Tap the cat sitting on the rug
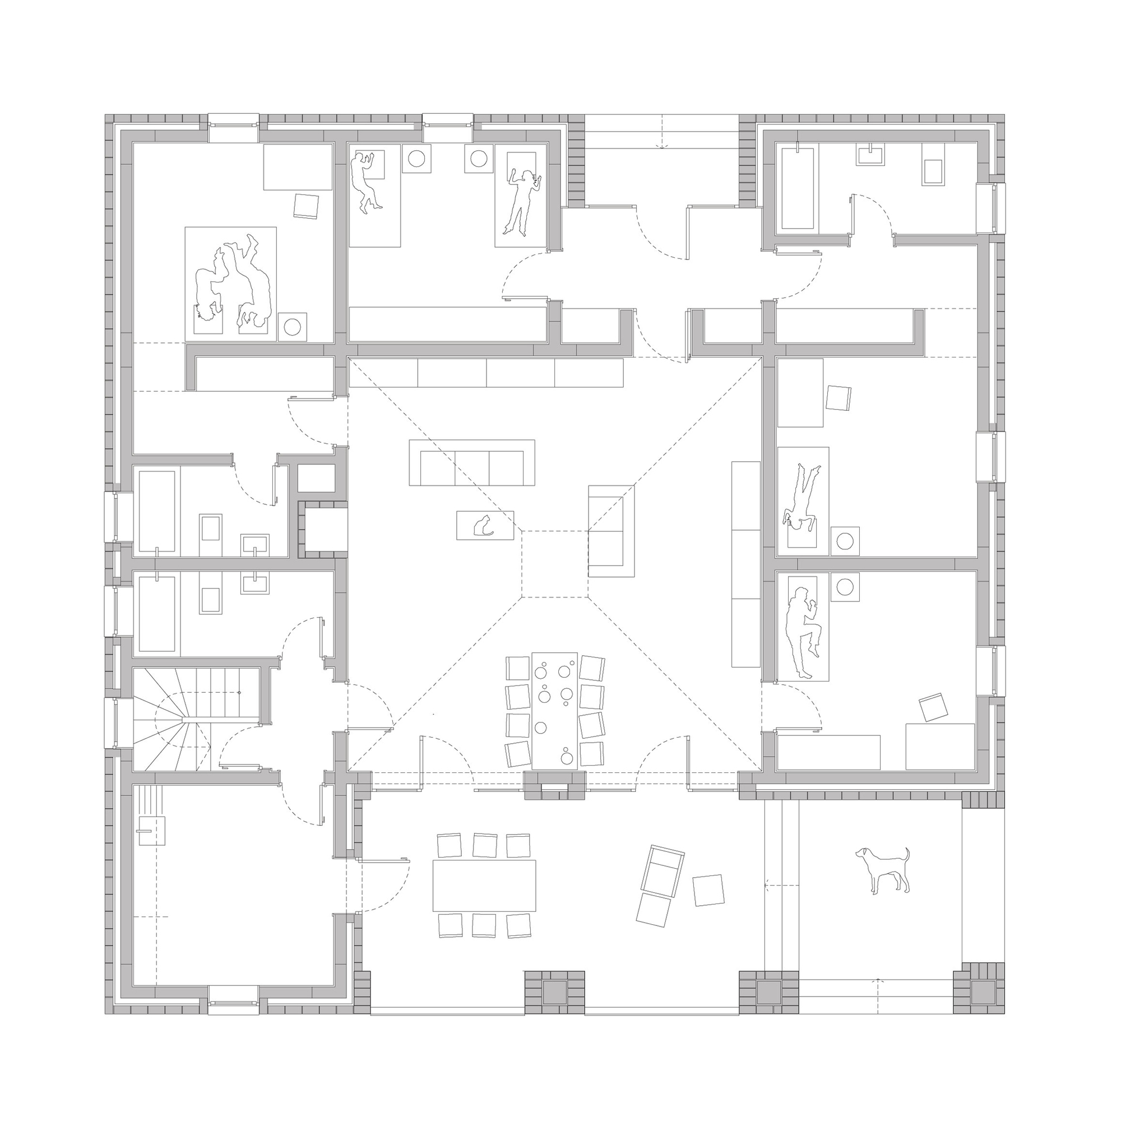point(482,525)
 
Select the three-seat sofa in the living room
point(471,463)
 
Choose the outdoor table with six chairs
point(484,886)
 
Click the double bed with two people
point(230,284)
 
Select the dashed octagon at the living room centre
point(554,564)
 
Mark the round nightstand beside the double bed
point(292,326)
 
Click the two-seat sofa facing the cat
point(611,530)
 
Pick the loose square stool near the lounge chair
point(708,890)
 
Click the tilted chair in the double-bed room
point(307,206)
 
